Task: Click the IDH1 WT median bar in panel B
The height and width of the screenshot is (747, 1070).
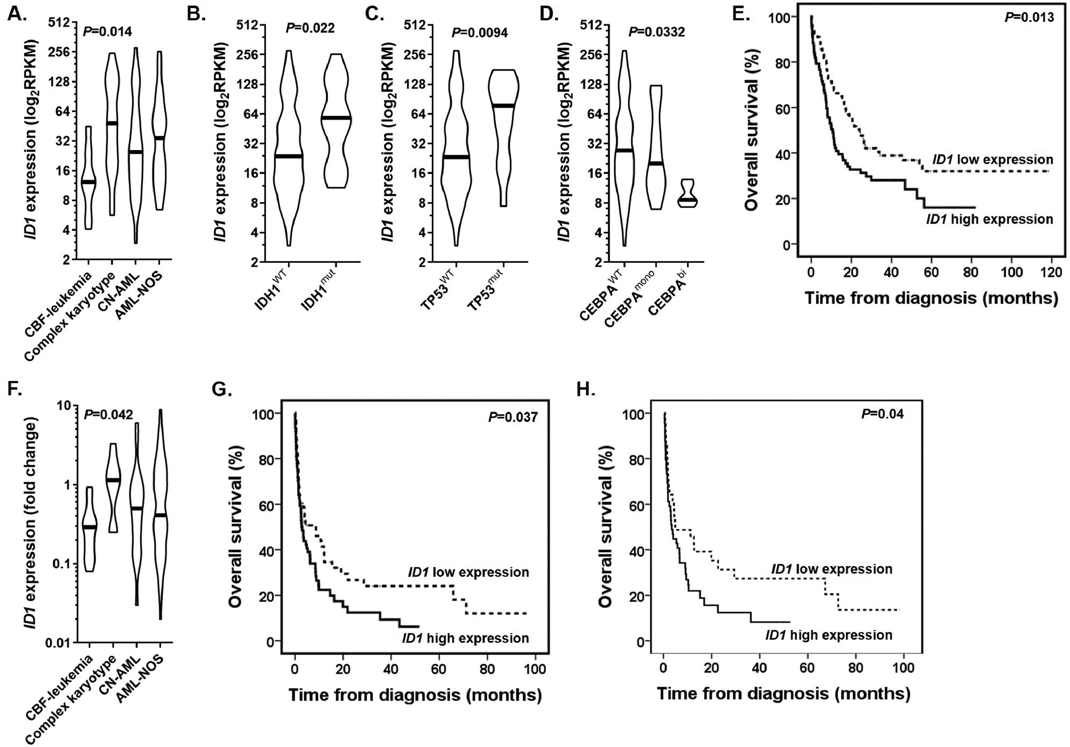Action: pos(289,156)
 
